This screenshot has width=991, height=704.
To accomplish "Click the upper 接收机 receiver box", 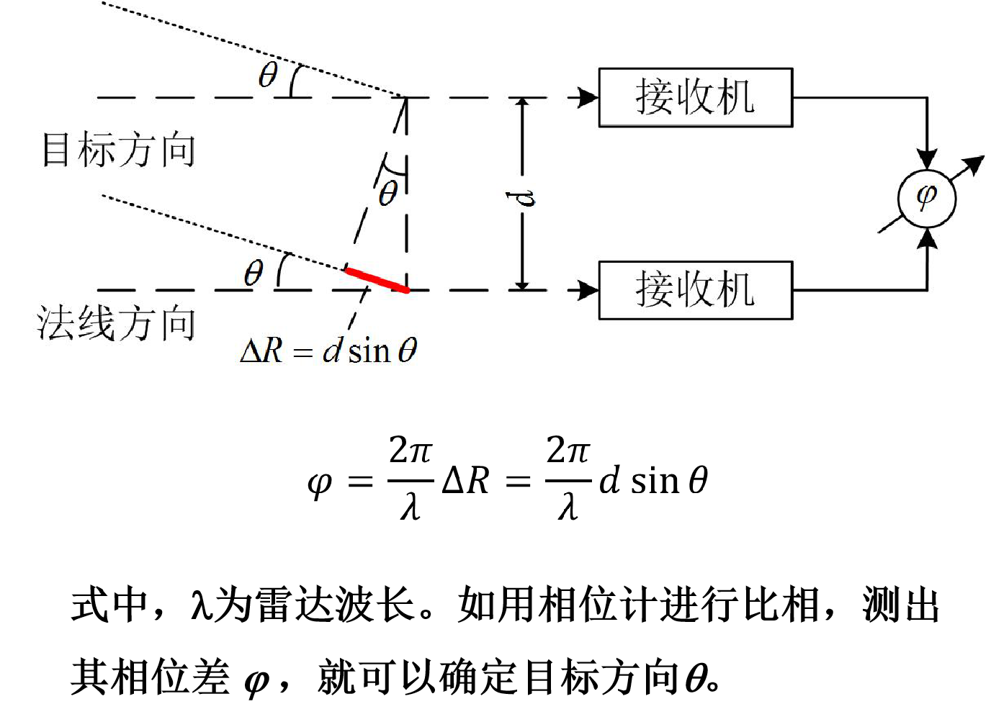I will coord(695,98).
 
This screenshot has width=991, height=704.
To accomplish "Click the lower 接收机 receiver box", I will coord(695,290).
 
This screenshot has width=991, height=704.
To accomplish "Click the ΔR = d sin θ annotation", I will coord(328,351).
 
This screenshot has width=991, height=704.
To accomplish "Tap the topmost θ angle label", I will coord(268,75).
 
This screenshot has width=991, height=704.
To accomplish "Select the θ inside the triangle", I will coord(388,193).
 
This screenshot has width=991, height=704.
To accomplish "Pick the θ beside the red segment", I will coord(254,273).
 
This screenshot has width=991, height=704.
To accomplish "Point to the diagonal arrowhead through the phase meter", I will coord(974,165).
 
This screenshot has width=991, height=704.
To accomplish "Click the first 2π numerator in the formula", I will coord(410,451).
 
